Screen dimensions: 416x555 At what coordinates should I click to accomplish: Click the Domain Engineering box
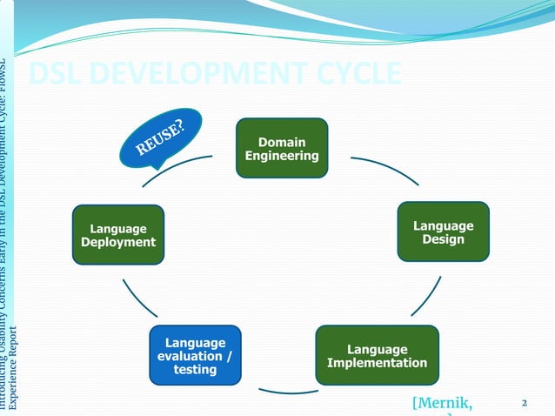click(x=281, y=148)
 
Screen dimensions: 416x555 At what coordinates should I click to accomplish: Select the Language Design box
click(x=443, y=231)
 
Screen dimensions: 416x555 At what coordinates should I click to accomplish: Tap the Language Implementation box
click(x=377, y=355)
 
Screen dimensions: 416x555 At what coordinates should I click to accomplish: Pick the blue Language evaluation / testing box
click(x=195, y=355)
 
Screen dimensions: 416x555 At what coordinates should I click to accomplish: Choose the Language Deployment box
click(x=118, y=235)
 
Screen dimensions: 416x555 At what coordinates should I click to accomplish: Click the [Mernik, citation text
click(x=445, y=402)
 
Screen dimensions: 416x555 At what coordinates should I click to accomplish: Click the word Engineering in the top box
click(x=281, y=156)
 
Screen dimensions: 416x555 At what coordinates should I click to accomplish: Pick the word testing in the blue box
click(x=195, y=370)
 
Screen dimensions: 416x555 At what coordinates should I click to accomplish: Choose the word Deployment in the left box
click(x=118, y=242)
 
